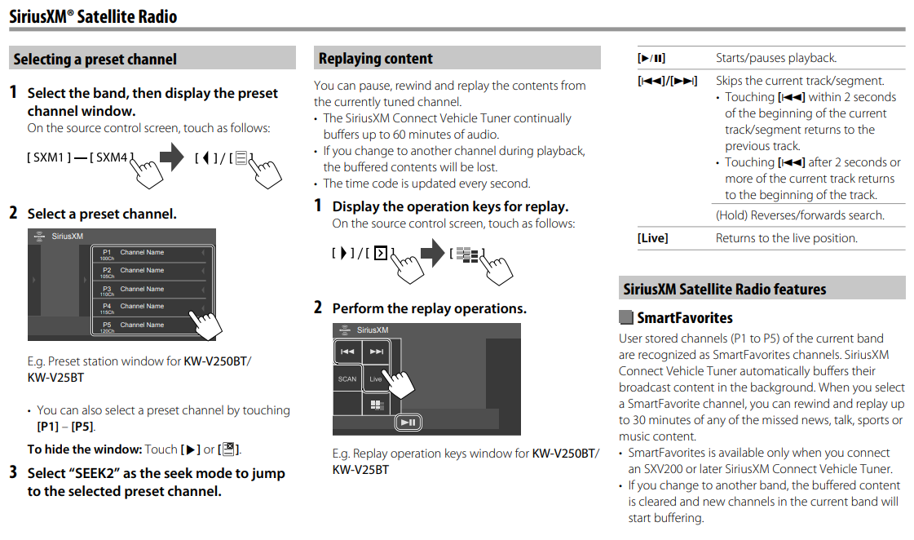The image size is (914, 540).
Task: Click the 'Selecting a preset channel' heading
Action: [95, 59]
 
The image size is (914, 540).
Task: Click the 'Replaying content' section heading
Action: [376, 58]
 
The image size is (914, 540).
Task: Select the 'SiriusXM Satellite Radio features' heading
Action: [725, 289]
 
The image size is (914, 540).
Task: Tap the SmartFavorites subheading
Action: [685, 317]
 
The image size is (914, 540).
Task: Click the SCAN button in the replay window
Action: [347, 378]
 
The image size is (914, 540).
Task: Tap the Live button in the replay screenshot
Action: [376, 378]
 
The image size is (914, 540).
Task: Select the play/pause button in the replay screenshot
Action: [408, 422]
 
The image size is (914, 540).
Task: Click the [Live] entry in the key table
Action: [652, 238]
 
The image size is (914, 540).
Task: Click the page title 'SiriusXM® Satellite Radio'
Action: [93, 16]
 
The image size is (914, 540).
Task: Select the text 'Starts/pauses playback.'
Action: [776, 58]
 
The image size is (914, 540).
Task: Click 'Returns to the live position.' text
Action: [787, 238]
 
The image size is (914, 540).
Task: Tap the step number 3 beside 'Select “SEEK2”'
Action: [13, 472]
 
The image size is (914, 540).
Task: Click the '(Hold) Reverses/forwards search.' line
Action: [800, 215]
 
